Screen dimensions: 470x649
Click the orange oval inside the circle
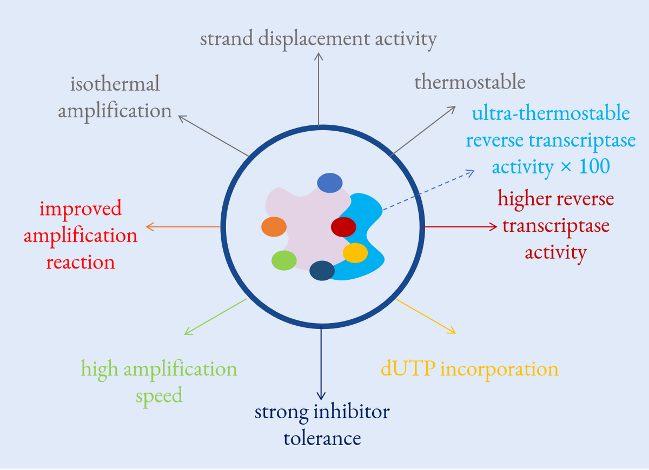pos(274,227)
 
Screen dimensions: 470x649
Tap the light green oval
pos(284,260)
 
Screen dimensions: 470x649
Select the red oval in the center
pos(343,227)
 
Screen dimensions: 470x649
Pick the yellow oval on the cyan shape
pos(355,252)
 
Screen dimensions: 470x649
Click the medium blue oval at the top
pos(330,183)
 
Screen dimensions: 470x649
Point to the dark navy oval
pos(322,270)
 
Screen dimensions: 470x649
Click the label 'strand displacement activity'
pos(318,39)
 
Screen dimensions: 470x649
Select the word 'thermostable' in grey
pos(470,82)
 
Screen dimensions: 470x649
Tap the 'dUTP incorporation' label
pos(469,369)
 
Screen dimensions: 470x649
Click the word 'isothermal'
pos(115,84)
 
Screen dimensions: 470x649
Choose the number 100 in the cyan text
pos(594,167)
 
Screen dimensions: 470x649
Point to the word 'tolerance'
pos(322,438)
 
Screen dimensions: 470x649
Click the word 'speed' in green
pos(159,395)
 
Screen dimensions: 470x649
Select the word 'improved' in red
pos(81,209)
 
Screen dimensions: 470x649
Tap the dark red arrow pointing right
pos(460,227)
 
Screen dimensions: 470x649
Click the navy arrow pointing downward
pos(322,362)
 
